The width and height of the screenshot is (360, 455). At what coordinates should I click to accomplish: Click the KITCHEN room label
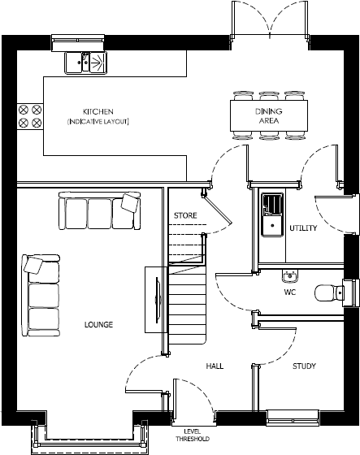point(98,110)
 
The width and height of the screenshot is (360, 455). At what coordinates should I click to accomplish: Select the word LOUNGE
point(98,324)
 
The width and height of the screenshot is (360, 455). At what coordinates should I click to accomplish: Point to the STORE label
point(185,215)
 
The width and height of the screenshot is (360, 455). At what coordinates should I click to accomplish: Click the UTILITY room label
point(303,228)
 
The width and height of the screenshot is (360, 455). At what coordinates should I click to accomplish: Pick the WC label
point(289,291)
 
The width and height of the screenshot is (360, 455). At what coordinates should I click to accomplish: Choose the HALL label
point(215,366)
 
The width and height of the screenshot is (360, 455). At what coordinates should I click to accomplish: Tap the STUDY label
point(304,366)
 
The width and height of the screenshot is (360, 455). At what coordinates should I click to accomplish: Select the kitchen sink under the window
point(85,60)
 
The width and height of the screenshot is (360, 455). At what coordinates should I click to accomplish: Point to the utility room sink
point(271,214)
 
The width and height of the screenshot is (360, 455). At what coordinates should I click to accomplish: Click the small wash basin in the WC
point(288,274)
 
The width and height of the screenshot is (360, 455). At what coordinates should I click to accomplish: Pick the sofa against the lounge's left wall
point(41,293)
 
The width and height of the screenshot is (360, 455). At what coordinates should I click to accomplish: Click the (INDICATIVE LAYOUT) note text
point(98,121)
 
